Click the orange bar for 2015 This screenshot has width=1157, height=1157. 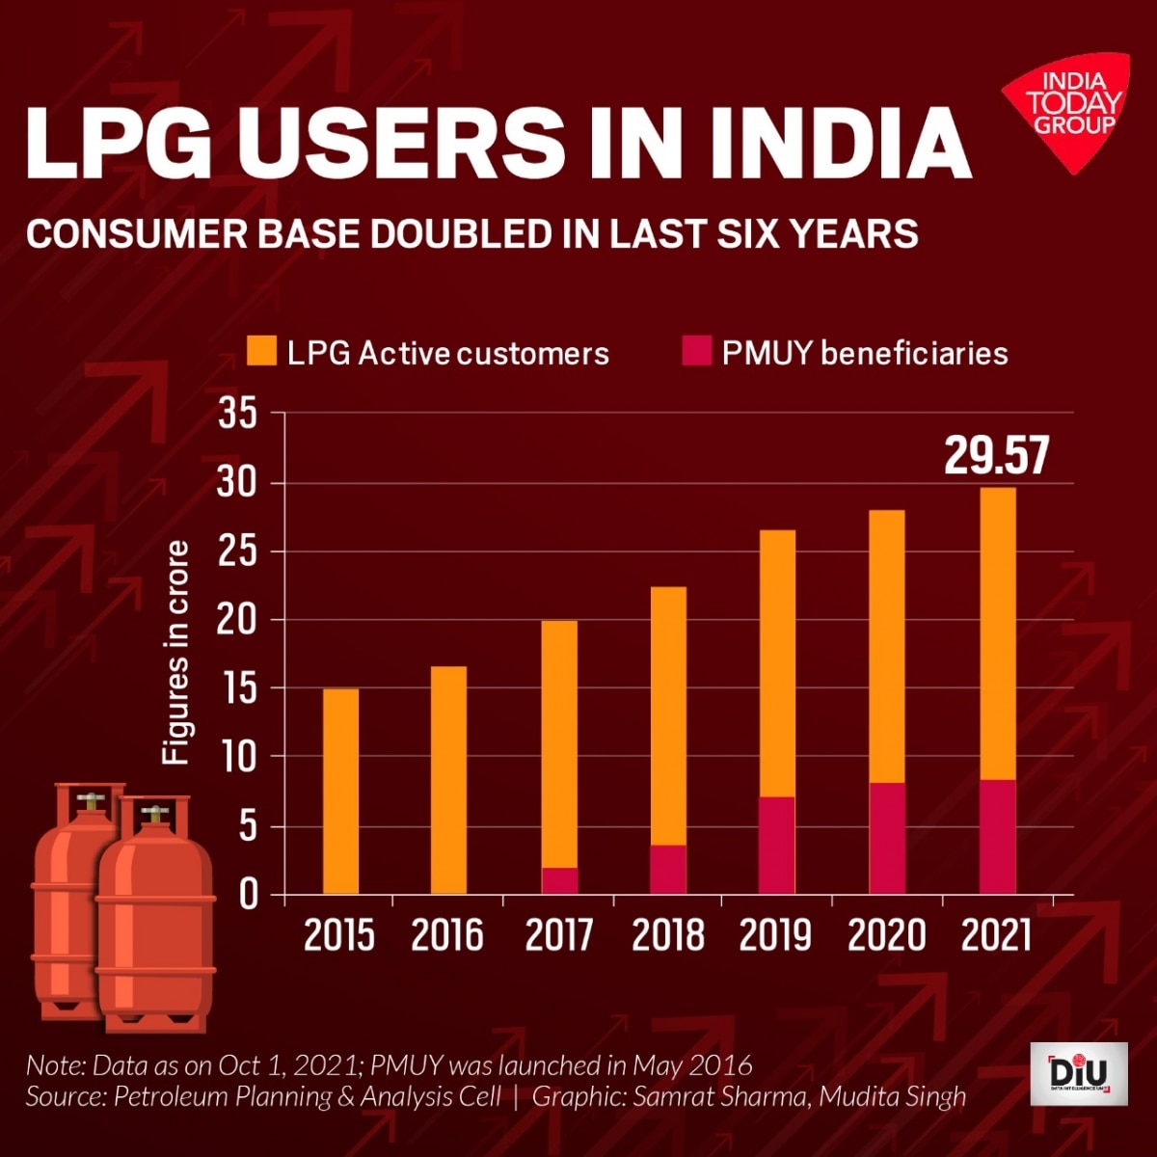(340, 791)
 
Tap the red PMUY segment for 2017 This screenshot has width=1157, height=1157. (559, 880)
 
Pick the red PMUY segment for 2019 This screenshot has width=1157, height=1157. (776, 845)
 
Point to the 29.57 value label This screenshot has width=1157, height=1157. (995, 456)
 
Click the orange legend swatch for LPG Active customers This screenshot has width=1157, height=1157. (261, 352)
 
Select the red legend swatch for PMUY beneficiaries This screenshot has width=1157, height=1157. (696, 352)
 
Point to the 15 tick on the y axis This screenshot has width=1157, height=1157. (239, 689)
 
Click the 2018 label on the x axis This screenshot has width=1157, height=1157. (668, 935)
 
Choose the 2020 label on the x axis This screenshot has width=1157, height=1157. (887, 935)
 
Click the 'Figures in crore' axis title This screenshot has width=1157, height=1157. (175, 653)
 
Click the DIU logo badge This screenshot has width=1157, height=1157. (1078, 1073)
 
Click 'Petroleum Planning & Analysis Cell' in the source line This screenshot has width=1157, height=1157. (308, 1096)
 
